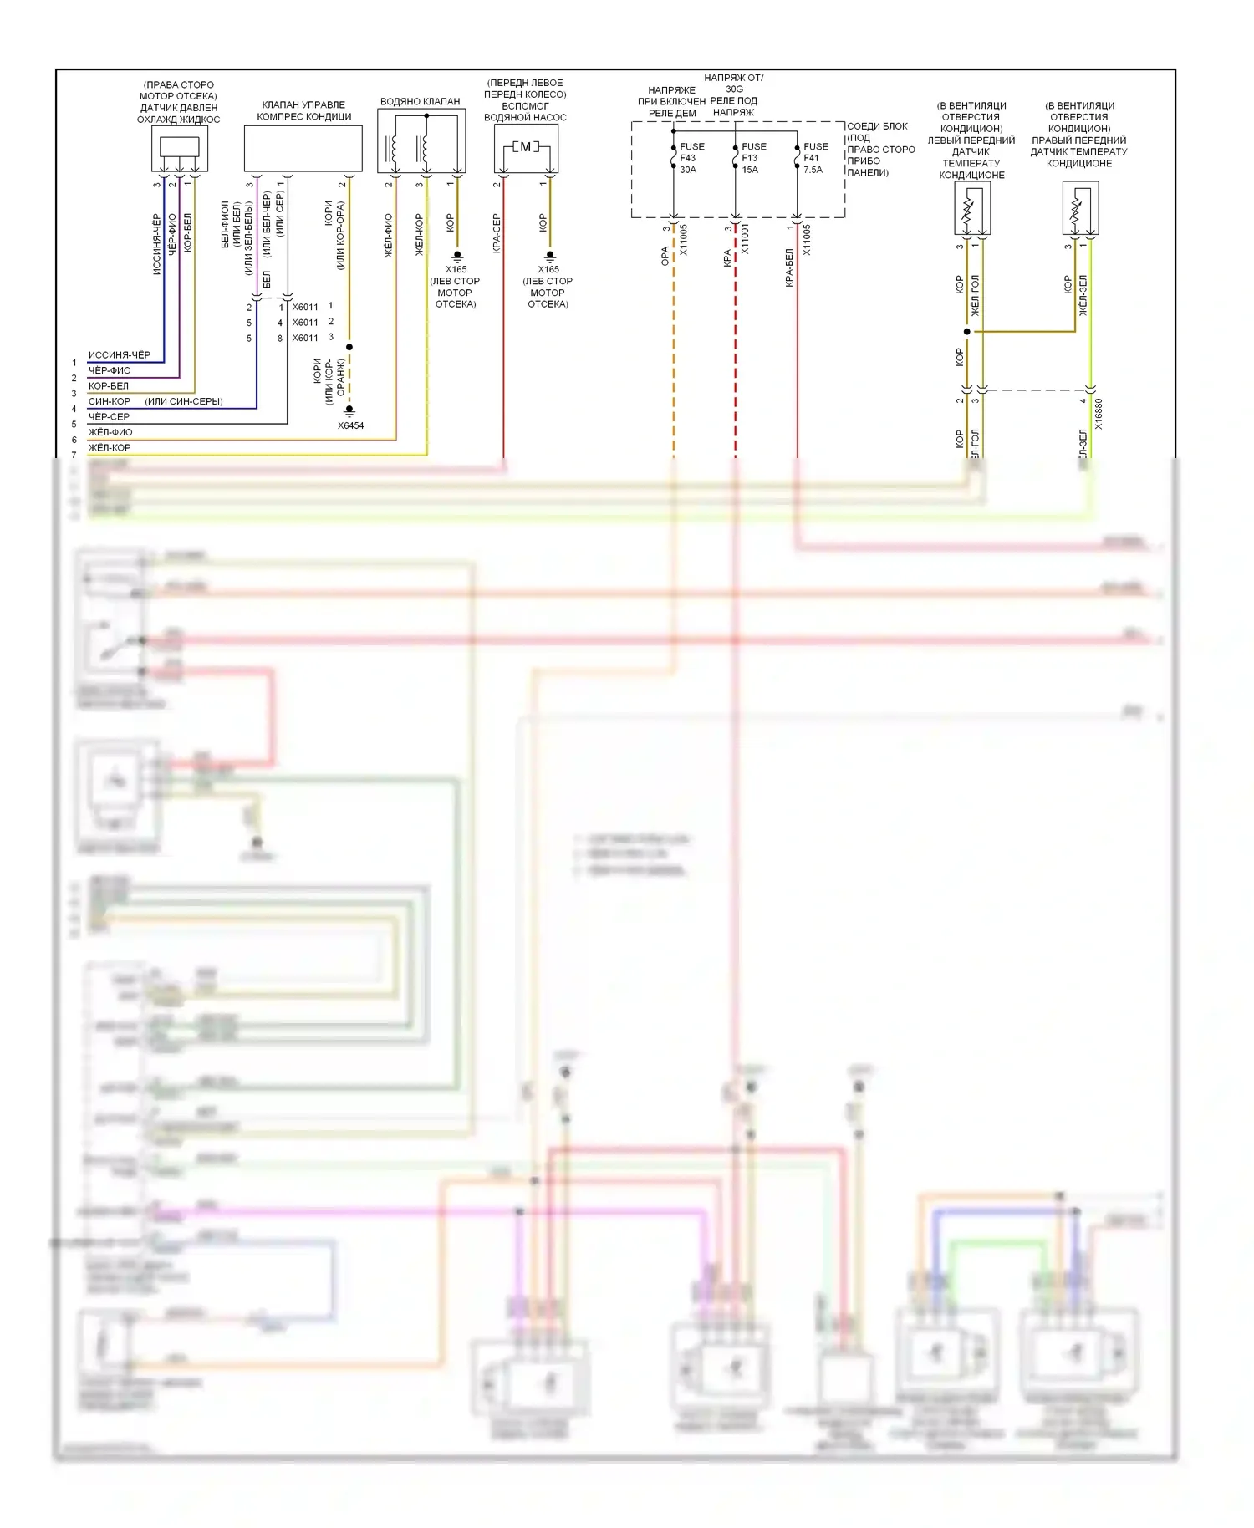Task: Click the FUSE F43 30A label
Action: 691,158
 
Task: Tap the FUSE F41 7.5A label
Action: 815,158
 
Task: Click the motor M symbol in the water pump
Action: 525,147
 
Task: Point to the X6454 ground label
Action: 350,425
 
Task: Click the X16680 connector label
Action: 1099,414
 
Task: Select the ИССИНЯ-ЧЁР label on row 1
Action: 120,354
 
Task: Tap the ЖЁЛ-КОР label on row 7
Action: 110,447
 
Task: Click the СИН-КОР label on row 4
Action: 110,401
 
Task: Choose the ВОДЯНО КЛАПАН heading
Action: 420,101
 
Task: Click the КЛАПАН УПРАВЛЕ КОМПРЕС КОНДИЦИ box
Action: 303,149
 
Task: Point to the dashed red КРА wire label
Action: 727,258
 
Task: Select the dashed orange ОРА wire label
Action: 665,256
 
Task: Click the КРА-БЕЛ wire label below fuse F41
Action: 789,267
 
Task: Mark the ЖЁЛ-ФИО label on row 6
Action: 110,432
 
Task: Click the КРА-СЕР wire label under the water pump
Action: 496,234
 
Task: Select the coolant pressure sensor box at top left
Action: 180,149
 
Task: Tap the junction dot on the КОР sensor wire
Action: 967,332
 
